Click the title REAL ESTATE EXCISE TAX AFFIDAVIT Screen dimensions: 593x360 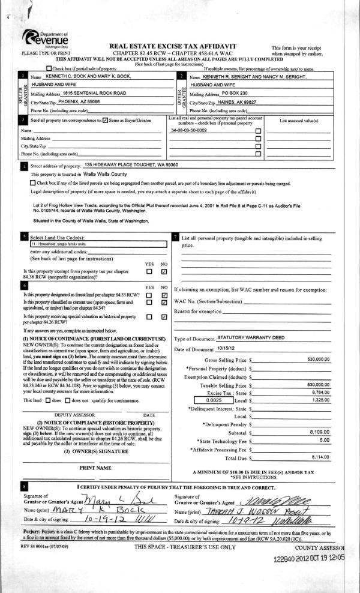pyautogui.click(x=180, y=46)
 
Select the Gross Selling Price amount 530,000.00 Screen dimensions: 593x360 pyautogui.click(x=318, y=359)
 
